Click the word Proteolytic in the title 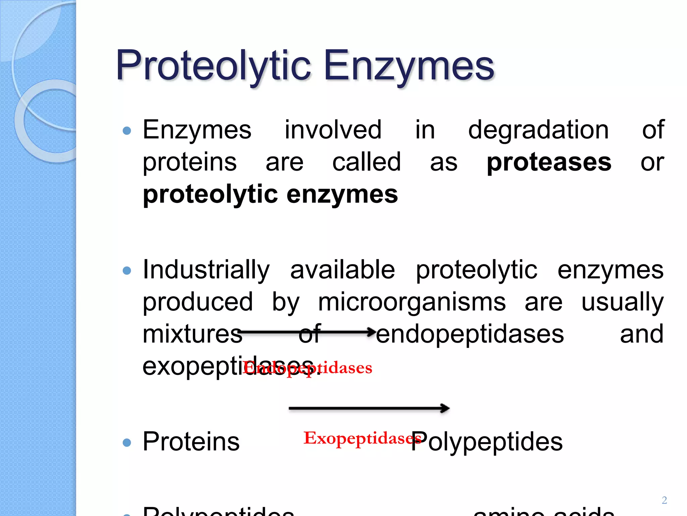point(213,66)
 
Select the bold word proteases point(549,162)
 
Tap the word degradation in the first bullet point(538,130)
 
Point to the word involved point(333,130)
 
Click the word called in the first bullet point(366,162)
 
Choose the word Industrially point(206,270)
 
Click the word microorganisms point(412,302)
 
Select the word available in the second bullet point(342,270)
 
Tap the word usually point(622,302)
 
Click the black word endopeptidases point(470,334)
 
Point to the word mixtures point(192,334)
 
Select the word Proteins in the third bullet point(191,441)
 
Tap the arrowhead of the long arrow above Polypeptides point(445,408)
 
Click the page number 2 point(664,500)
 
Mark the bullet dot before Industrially point(127,270)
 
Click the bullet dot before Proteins point(127,442)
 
